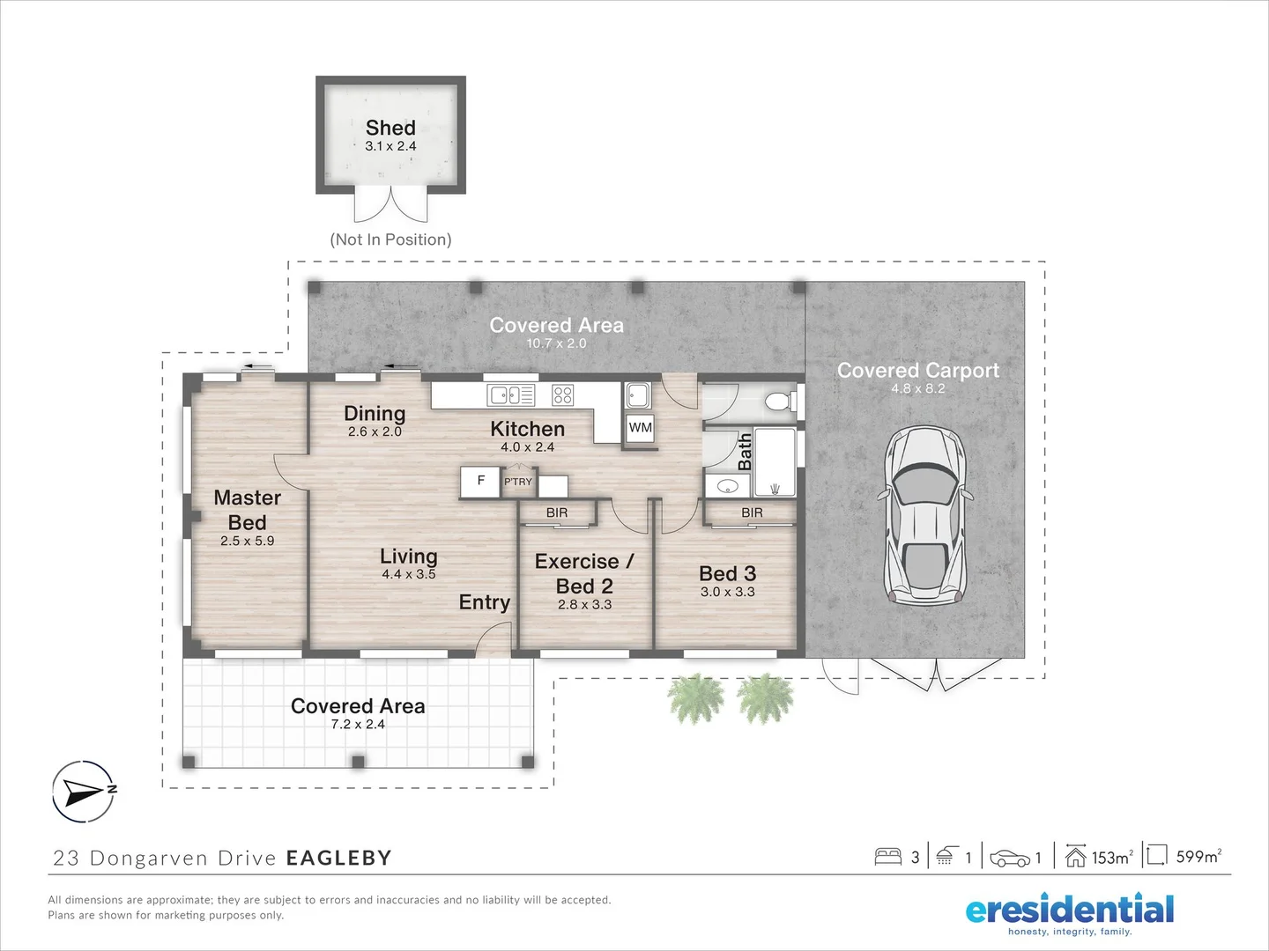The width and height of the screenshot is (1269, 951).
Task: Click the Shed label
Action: pyautogui.click(x=390, y=128)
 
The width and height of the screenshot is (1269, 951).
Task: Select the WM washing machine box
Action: pyautogui.click(x=640, y=428)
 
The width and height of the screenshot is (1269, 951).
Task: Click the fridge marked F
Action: pyautogui.click(x=480, y=481)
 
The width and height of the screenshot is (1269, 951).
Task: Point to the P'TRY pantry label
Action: pyautogui.click(x=518, y=482)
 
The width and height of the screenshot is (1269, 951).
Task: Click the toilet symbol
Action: pyautogui.click(x=781, y=400)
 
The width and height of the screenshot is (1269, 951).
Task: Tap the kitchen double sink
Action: pyautogui.click(x=511, y=395)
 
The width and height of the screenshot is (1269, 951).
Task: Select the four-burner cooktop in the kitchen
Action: pyautogui.click(x=562, y=395)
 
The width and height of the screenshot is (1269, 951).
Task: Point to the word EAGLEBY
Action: pyautogui.click(x=339, y=858)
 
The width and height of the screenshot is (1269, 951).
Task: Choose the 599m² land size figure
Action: pyautogui.click(x=1198, y=856)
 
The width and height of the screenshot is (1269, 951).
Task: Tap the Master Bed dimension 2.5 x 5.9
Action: pyautogui.click(x=247, y=541)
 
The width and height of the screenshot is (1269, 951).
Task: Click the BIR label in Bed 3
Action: pyautogui.click(x=752, y=512)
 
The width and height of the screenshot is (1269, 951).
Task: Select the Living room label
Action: pyautogui.click(x=409, y=556)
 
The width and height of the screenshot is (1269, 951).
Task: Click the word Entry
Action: pyautogui.click(x=485, y=603)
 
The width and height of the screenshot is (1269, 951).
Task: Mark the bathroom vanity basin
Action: pyautogui.click(x=727, y=486)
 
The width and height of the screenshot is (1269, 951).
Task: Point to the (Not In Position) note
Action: pyautogui.click(x=390, y=240)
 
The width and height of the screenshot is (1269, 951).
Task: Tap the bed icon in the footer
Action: pyautogui.click(x=888, y=856)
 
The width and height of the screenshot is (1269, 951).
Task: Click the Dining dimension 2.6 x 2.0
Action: pyautogui.click(x=375, y=431)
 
